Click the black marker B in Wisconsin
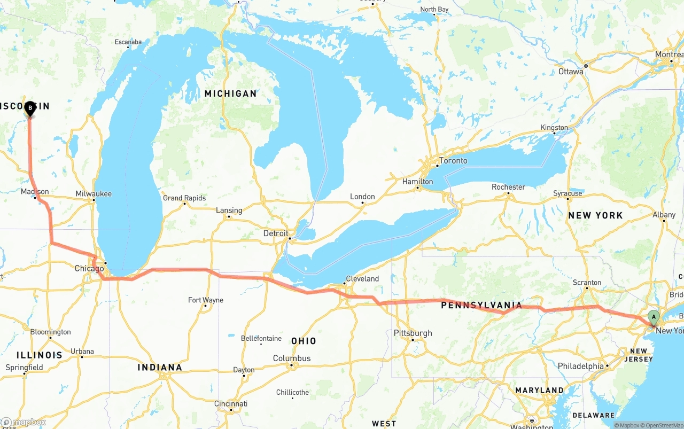pyautogui.click(x=30, y=108)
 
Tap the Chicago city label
pyautogui.click(x=89, y=268)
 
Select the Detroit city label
pyautogui.click(x=276, y=233)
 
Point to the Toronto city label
pyautogui.click(x=453, y=161)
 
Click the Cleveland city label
pyautogui.click(x=362, y=279)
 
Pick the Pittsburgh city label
pyautogui.click(x=413, y=333)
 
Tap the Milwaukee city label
pyautogui.click(x=94, y=194)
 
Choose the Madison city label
pyautogui.click(x=35, y=192)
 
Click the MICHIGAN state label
pyautogui.click(x=230, y=93)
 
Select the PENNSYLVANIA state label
pyautogui.click(x=481, y=306)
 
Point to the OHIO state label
pyautogui.click(x=304, y=341)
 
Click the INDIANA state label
pyautogui.click(x=160, y=367)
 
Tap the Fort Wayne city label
pyautogui.click(x=206, y=300)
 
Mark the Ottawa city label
pyautogui.click(x=571, y=72)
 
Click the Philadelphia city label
pyautogui.click(x=580, y=366)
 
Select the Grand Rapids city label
pyautogui.click(x=184, y=198)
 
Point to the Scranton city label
pyautogui.click(x=587, y=283)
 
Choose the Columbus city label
pyautogui.click(x=292, y=358)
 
